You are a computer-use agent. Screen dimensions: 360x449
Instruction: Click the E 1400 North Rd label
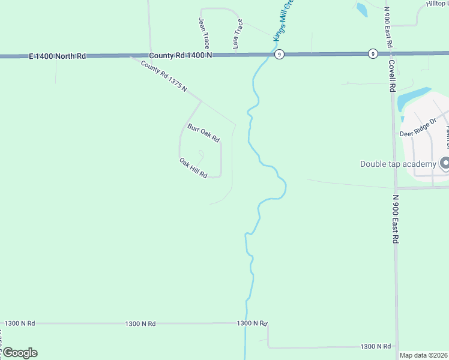pyautogui.click(x=57, y=56)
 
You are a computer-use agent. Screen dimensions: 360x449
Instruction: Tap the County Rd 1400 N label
pyautogui.click(x=181, y=54)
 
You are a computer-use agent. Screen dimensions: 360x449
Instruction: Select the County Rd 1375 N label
pyautogui.click(x=164, y=76)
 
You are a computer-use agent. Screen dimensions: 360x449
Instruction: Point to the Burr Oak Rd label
pyautogui.click(x=203, y=133)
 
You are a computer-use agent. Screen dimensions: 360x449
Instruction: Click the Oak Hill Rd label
pyautogui.click(x=193, y=168)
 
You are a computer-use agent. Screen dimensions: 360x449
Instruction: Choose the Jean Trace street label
pyautogui.click(x=204, y=32)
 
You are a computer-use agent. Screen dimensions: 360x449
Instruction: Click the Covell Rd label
pyautogui.click(x=393, y=76)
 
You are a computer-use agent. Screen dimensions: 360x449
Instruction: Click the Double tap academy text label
pyautogui.click(x=397, y=164)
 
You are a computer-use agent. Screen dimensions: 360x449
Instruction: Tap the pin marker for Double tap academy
pyautogui.click(x=445, y=163)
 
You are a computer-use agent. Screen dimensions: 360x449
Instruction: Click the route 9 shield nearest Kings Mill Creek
pyautogui.click(x=279, y=54)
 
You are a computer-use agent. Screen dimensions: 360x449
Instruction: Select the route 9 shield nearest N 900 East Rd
pyautogui.click(x=373, y=53)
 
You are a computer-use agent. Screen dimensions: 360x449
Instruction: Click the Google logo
pyautogui.click(x=20, y=353)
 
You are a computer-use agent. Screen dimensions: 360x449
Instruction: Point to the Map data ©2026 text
pyautogui.click(x=423, y=355)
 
